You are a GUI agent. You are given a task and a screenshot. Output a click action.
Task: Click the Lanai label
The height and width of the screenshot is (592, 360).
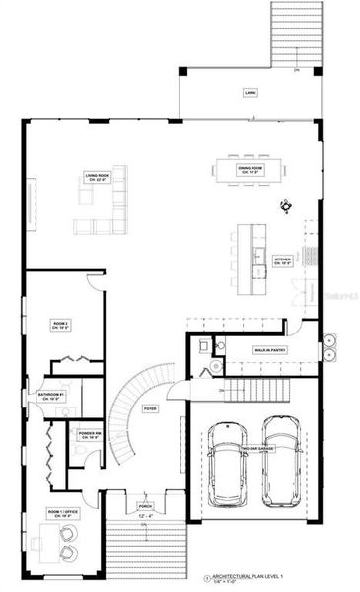point(250,93)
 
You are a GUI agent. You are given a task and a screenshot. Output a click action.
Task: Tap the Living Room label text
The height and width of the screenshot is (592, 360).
point(98,178)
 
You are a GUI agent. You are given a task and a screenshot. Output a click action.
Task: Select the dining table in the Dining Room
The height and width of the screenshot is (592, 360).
point(251,170)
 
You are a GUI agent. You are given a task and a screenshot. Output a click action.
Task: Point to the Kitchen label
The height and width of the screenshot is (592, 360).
point(281,261)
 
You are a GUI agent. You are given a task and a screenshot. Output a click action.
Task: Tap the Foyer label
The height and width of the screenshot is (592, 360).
point(150,407)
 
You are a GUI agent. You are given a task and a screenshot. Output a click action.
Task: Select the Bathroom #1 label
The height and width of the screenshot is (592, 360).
point(51,396)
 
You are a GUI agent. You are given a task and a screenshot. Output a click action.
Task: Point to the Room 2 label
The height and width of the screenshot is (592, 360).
point(59,324)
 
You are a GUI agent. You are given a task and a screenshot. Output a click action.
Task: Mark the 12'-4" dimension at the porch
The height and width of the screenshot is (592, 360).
point(145,513)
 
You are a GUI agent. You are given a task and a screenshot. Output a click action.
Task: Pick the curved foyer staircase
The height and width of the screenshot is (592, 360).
point(126,414)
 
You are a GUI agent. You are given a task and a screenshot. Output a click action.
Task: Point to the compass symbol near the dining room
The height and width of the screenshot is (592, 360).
point(286,206)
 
